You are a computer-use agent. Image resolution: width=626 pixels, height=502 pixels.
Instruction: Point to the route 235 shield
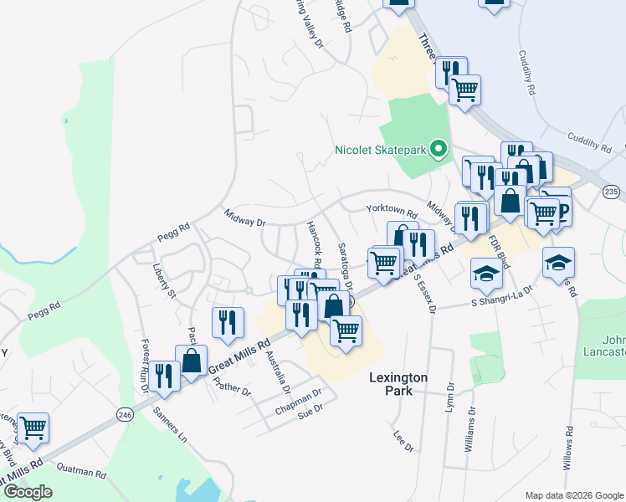611,192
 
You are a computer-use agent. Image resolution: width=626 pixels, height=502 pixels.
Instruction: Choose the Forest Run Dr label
145,364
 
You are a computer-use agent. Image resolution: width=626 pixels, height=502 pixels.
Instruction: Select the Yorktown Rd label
391,210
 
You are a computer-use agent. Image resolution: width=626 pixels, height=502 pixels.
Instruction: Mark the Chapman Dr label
298,401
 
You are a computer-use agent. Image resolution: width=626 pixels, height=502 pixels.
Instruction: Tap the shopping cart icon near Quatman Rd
33,428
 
